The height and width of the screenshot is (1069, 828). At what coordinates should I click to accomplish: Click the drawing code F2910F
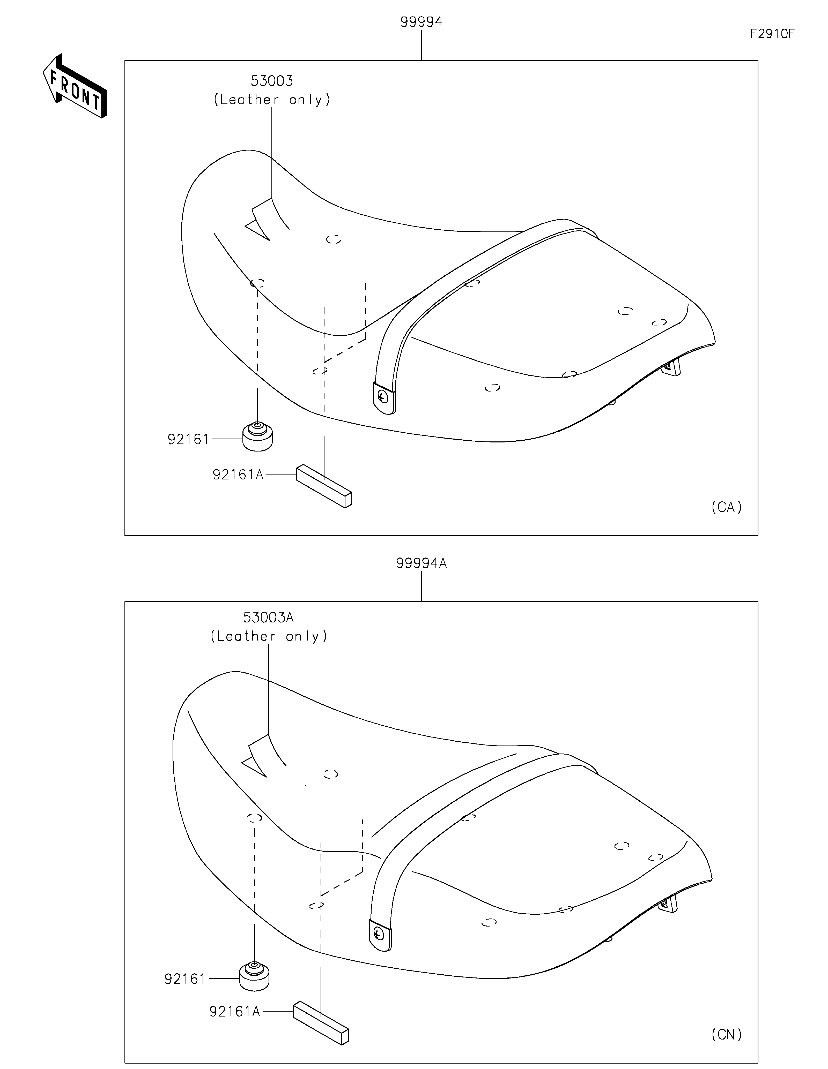tap(772, 34)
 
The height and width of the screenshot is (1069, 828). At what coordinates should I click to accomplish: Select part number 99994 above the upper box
tap(421, 22)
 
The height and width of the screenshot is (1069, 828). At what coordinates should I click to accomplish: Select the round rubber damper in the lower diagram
tap(254, 975)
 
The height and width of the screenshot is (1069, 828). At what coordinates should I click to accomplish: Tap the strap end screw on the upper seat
tap(383, 397)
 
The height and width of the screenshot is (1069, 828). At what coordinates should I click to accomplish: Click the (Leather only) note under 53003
tap(272, 100)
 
